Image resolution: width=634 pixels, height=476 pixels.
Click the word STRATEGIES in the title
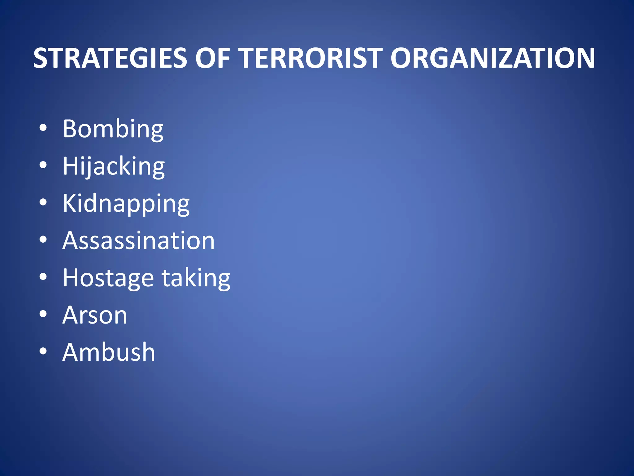(x=110, y=58)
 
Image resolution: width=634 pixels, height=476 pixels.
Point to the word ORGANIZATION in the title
(x=492, y=58)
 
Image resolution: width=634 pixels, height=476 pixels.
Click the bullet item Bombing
(x=113, y=129)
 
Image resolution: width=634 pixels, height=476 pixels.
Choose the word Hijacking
(x=114, y=166)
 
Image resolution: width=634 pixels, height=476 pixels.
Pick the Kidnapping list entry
(x=126, y=204)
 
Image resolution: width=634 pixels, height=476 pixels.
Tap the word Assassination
(x=138, y=241)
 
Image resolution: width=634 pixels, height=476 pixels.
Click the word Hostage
(x=108, y=278)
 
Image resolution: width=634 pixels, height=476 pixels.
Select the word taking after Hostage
(x=196, y=278)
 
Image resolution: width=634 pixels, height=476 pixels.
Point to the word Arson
(x=95, y=315)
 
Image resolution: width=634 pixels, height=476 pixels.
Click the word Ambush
(x=109, y=352)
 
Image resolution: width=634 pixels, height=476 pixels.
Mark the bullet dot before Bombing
(x=43, y=128)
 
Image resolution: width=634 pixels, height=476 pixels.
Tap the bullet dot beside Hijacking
(x=43, y=165)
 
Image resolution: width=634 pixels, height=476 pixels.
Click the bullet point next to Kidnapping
(x=43, y=202)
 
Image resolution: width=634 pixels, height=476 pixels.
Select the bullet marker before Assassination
(x=43, y=240)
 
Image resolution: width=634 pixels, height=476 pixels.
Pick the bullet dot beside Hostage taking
(x=43, y=277)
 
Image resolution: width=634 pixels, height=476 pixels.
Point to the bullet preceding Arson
(x=43, y=314)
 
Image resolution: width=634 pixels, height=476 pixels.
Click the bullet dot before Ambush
(x=43, y=351)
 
